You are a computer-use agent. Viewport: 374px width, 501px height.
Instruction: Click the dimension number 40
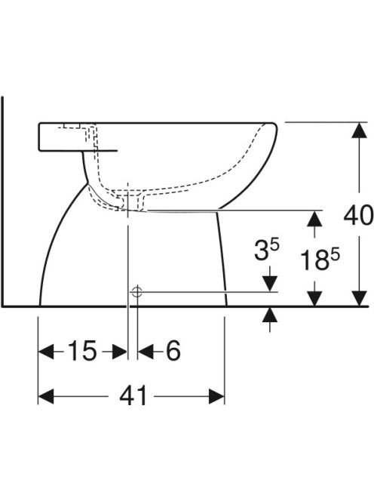click(358, 215)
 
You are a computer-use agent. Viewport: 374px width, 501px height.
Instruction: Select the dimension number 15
click(82, 351)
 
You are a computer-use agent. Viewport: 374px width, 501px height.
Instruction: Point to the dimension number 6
click(173, 351)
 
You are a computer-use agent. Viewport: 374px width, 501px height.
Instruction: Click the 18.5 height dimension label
click(320, 260)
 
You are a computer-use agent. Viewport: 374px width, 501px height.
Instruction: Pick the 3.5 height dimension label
click(267, 249)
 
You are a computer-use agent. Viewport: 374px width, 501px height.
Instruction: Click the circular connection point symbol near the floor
click(136, 291)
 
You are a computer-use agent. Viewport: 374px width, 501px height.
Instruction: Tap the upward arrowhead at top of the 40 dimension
click(360, 131)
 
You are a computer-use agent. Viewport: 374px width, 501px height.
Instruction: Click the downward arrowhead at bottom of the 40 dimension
click(360, 299)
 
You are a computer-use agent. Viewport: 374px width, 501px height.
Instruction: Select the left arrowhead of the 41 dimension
click(46, 396)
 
